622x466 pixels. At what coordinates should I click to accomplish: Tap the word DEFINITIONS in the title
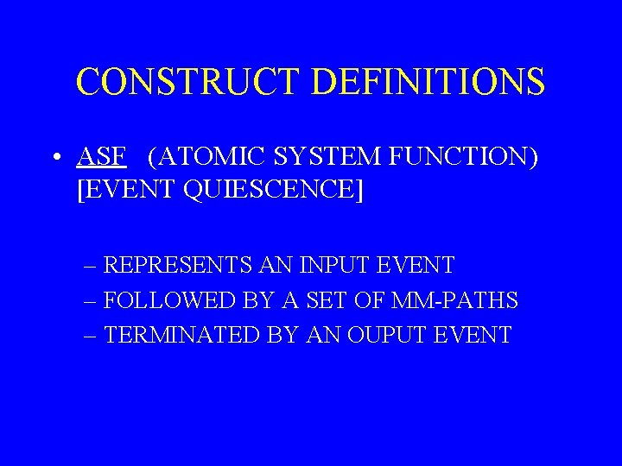[428, 82]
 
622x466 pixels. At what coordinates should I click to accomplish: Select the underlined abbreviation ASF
[102, 157]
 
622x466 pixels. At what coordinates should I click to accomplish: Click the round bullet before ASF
[55, 158]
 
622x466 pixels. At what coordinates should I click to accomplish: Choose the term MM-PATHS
[454, 300]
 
